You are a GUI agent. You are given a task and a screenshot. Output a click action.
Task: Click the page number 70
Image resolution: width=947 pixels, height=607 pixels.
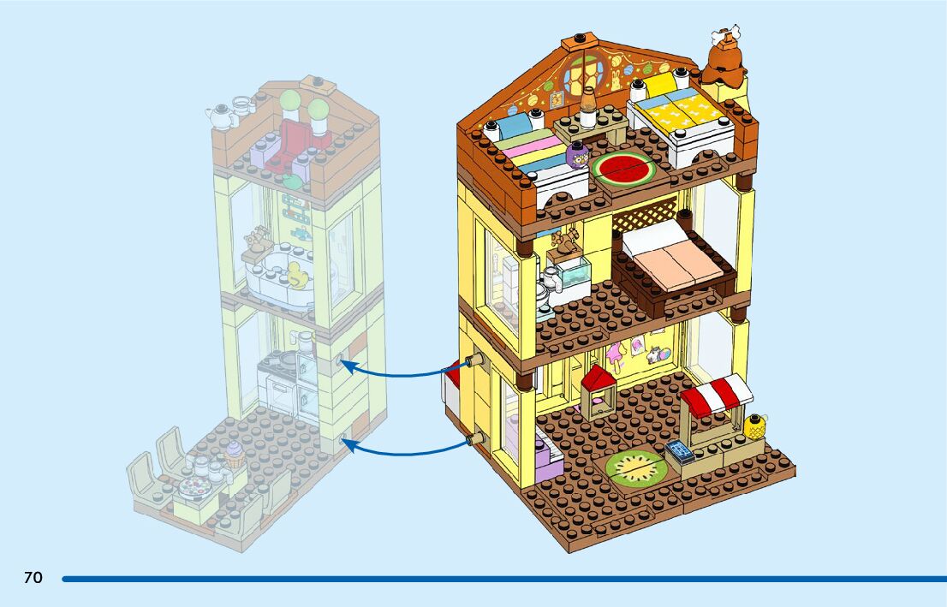pos(33,578)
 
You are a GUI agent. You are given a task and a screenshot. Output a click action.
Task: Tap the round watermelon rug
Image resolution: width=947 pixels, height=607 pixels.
pos(623,168)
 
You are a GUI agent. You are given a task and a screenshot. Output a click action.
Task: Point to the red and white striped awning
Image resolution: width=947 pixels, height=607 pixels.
pos(716,396)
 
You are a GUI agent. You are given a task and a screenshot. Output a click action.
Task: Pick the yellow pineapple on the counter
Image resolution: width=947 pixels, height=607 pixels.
pos(753,425)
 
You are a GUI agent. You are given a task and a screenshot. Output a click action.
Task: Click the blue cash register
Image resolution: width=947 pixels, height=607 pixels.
pos(681,451)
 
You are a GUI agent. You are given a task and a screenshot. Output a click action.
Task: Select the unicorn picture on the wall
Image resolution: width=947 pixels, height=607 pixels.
pos(657,354)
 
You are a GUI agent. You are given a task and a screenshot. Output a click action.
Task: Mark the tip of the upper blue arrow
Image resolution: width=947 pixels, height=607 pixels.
pos(342,364)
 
